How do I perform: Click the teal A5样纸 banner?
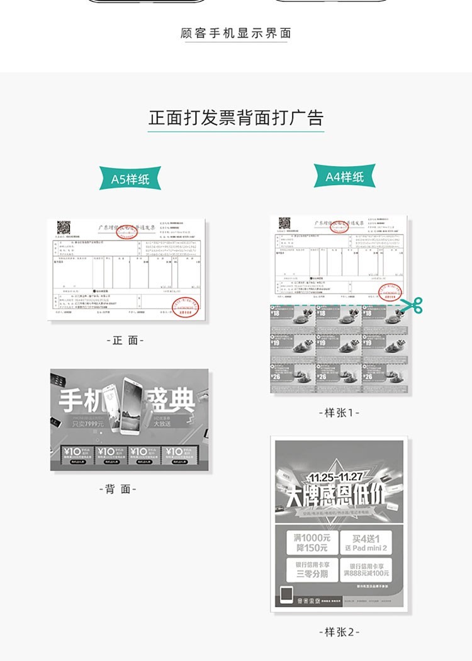(x=130, y=179)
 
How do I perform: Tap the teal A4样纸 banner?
(x=345, y=177)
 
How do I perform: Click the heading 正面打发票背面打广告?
(x=236, y=118)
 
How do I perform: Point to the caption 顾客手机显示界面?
(x=235, y=33)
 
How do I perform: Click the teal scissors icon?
(x=413, y=305)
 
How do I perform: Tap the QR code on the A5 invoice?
(x=64, y=228)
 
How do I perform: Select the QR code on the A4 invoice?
(x=285, y=223)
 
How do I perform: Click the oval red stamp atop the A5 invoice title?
(x=128, y=232)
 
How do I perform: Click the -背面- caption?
(x=118, y=489)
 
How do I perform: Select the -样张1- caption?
(x=339, y=412)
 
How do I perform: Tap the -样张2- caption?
(x=339, y=631)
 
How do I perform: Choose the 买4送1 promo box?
(x=366, y=542)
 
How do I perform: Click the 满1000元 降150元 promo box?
(x=311, y=543)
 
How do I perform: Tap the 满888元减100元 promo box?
(x=366, y=570)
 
